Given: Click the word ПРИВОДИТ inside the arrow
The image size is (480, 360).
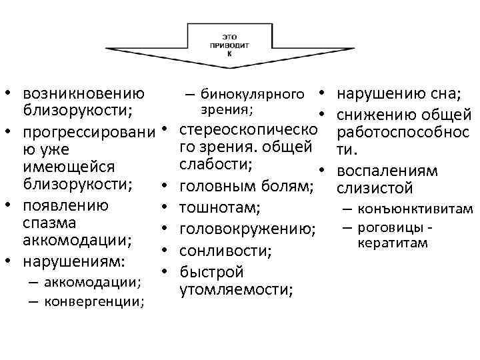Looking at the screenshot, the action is pyautogui.click(x=229, y=46).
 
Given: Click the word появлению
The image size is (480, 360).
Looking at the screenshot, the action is pyautogui.click(x=66, y=203).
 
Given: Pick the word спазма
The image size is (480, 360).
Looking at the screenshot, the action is pyautogui.click(x=49, y=221).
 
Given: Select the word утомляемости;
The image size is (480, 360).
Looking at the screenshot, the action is pyautogui.click(x=237, y=289).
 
